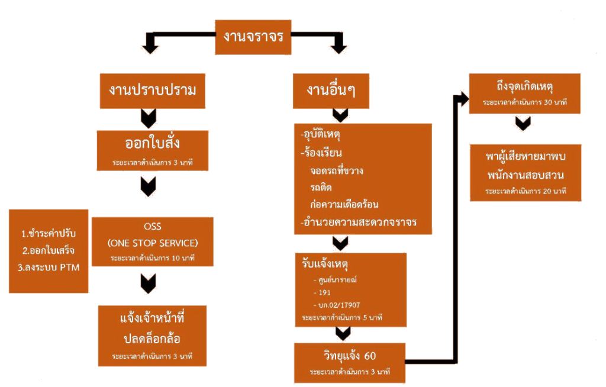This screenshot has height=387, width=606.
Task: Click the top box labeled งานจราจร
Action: tap(253, 37)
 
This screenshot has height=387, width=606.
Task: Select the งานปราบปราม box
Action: tap(152, 91)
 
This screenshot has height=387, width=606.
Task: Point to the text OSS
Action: tap(152, 227)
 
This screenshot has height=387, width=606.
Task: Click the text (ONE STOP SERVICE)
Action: tap(152, 243)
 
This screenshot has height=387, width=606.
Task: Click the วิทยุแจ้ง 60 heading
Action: tap(350, 356)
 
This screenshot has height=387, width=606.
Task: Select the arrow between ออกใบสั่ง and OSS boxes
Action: tap(147, 187)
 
